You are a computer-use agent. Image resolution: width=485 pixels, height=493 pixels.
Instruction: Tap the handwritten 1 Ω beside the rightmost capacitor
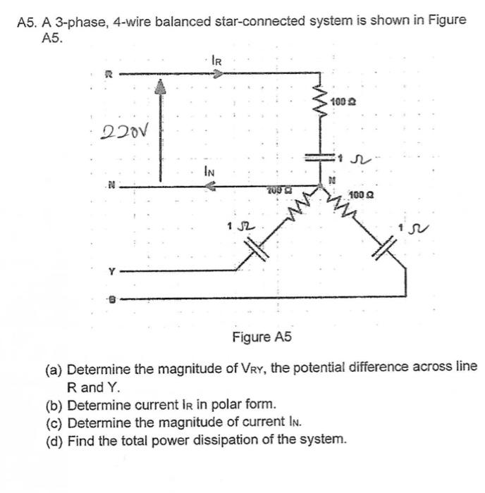tap(420, 227)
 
